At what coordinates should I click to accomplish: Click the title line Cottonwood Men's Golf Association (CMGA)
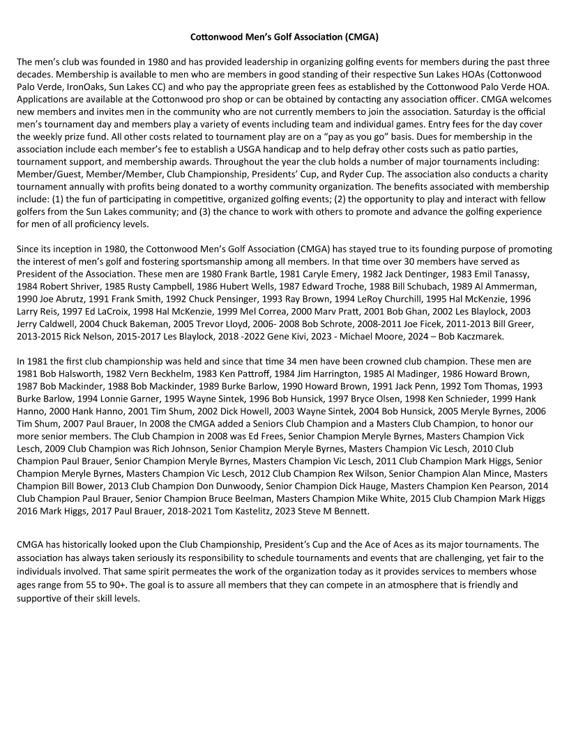point(284,35)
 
